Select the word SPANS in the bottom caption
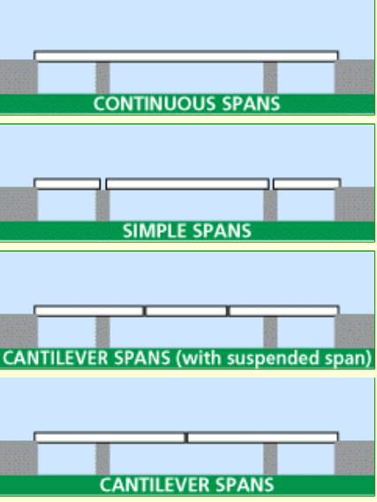(x=245, y=484)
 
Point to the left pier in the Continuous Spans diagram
(x=102, y=78)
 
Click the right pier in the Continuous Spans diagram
(x=270, y=78)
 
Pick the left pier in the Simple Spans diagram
(x=102, y=206)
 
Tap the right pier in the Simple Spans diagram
(x=270, y=206)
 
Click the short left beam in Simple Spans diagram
(x=67, y=184)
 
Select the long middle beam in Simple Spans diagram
(x=187, y=184)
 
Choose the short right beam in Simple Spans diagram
(x=307, y=184)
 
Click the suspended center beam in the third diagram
(x=186, y=311)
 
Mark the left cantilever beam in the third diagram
(x=89, y=311)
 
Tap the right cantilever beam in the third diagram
(x=283, y=311)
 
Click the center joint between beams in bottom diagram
(x=186, y=438)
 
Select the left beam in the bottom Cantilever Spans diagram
(x=109, y=438)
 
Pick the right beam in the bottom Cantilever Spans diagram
(x=262, y=438)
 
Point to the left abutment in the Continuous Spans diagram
(x=19, y=77)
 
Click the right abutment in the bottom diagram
(x=355, y=458)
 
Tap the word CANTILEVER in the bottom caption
(x=155, y=484)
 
